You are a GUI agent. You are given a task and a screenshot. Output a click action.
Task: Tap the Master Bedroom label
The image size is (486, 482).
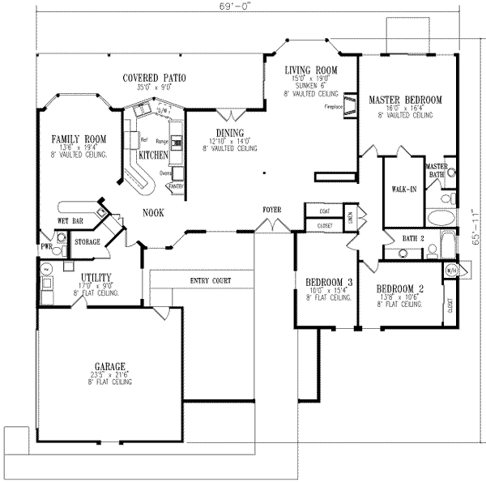point(404,100)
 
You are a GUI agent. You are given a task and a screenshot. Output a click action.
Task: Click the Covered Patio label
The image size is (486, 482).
point(155,77)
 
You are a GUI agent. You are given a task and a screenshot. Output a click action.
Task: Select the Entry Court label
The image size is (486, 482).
point(211,281)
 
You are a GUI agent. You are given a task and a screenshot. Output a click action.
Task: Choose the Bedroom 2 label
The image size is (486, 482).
point(400,288)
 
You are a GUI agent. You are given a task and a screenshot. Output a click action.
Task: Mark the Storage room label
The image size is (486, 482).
point(87,241)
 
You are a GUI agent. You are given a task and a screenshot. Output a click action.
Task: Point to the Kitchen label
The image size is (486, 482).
point(153,154)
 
